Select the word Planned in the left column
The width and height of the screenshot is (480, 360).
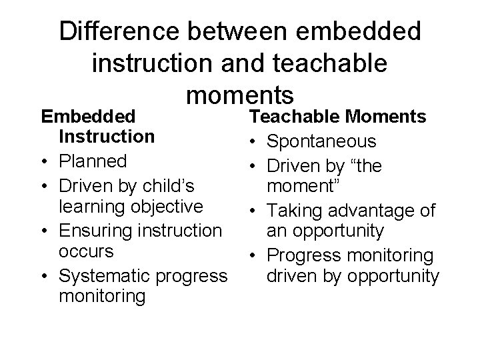[93, 161]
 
